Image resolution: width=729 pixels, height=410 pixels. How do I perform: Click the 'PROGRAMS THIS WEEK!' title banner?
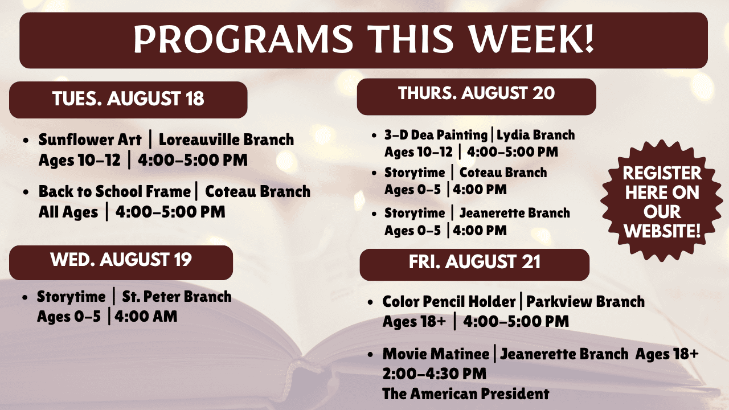pos(363,40)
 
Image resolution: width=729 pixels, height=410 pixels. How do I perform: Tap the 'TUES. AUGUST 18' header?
pos(128,100)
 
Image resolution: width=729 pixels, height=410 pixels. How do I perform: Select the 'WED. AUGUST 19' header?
pos(121,263)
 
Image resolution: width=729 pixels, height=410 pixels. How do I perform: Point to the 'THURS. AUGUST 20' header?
pos(477,97)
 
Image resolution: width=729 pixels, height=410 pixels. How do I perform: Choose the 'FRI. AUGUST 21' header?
pos(474,265)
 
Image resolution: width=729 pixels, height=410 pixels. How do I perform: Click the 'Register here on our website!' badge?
pos(662,202)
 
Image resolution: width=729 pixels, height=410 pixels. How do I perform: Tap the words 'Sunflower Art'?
pos(90,140)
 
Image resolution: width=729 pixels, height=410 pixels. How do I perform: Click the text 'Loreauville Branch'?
pos(226,140)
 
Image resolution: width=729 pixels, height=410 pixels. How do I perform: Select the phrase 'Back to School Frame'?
pos(114,192)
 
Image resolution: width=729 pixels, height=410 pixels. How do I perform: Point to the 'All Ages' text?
pos(68,212)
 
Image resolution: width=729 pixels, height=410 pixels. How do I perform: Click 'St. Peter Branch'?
pos(177,297)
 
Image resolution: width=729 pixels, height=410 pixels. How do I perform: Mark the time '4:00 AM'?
pos(146,317)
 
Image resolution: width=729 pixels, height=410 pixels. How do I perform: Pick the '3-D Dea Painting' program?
pos(436,135)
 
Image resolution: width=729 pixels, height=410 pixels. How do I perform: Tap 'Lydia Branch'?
pos(536,135)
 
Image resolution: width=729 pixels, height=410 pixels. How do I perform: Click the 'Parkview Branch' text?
pos(585,302)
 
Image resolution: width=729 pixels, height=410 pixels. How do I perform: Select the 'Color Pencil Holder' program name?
pos(449,302)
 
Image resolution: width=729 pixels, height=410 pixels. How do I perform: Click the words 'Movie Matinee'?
pos(436,354)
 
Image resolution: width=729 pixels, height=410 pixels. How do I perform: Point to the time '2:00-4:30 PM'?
pos(435,374)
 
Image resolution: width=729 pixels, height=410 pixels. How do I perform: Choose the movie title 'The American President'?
pos(466,394)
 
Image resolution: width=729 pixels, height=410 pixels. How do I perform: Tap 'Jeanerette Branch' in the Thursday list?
pos(514,214)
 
